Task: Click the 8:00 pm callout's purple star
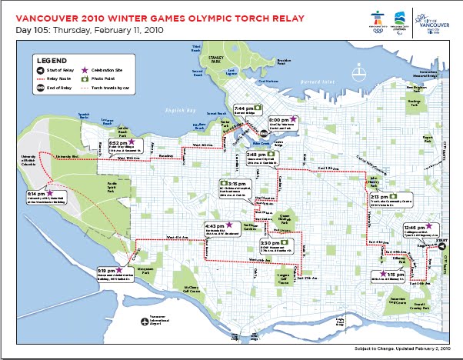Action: pos(293,120)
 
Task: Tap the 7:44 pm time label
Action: pos(244,108)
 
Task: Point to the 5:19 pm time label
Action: pos(105,271)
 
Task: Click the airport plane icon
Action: pos(143,320)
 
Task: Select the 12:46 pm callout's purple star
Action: pos(431,227)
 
